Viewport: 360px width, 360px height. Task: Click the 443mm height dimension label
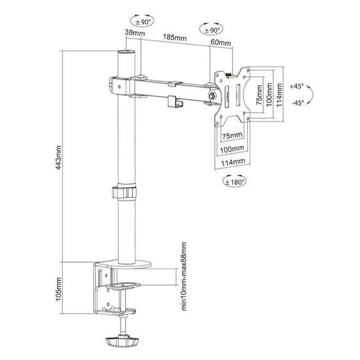(59, 157)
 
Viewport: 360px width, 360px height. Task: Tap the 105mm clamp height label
(59, 289)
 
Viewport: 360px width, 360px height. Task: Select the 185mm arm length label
(175, 37)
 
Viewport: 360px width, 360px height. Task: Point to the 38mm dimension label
(135, 33)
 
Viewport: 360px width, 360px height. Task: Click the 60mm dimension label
(221, 42)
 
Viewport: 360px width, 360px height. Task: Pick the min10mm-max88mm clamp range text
(184, 277)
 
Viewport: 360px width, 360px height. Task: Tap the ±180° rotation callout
(235, 181)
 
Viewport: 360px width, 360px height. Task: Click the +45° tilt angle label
(297, 87)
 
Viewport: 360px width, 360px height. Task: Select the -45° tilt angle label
(298, 103)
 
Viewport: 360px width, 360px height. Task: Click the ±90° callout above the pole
(143, 21)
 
